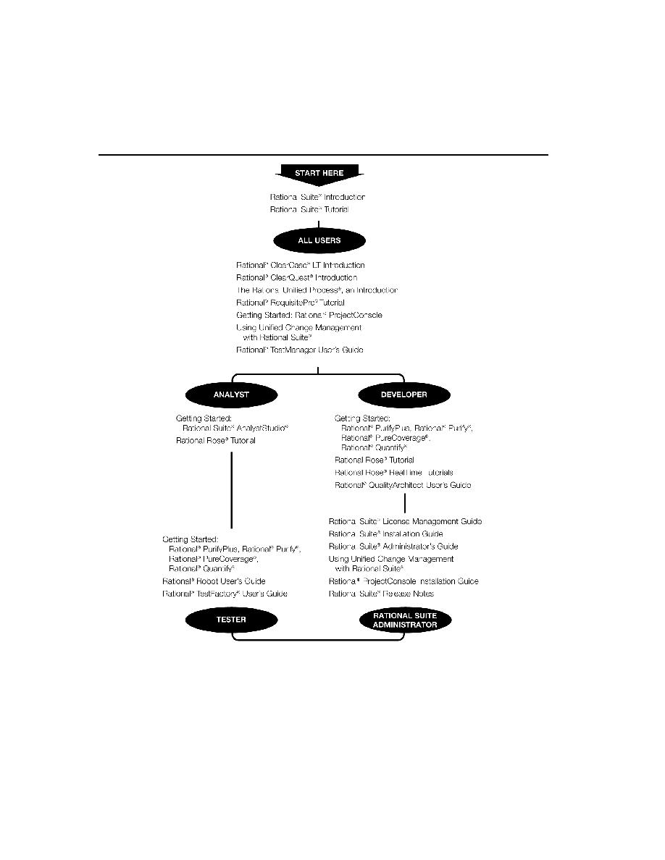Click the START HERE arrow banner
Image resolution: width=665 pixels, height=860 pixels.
point(319,174)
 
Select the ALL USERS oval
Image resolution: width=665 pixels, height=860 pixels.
point(319,240)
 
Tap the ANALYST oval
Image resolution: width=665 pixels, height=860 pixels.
point(231,395)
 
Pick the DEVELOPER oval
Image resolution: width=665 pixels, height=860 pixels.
point(404,395)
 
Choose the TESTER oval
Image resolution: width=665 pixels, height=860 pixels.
point(231,620)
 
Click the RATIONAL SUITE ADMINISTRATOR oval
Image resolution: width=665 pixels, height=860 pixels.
point(404,620)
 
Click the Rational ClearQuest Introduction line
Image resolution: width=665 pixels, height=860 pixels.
point(296,277)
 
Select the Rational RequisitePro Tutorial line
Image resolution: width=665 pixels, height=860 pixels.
point(290,302)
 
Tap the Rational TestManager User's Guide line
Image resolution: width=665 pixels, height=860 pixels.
point(300,350)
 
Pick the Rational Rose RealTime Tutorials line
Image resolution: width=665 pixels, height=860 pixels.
point(393,472)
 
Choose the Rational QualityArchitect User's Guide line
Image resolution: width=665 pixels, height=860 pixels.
point(403,485)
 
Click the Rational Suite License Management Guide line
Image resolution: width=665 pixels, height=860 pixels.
point(405,521)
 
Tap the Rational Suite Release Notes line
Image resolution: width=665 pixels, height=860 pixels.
point(381,594)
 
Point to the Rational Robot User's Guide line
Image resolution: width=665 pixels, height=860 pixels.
point(214,581)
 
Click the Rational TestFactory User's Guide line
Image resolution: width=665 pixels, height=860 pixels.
point(225,594)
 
